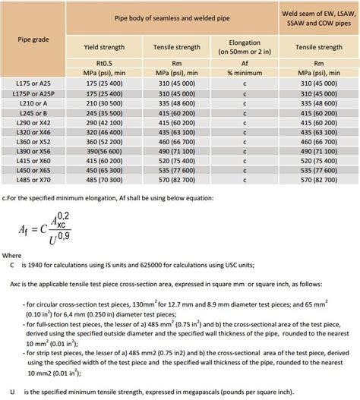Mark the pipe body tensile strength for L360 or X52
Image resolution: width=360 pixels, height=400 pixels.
[177, 140]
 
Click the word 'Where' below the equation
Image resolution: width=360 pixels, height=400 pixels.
[11, 256]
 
